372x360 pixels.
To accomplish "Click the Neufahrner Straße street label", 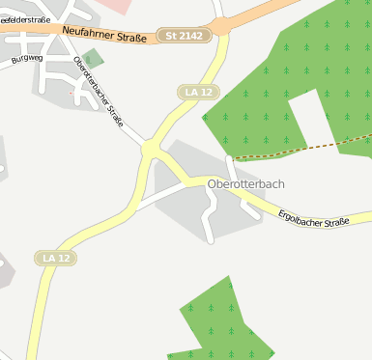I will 102,36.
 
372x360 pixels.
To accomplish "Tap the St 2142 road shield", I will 183,36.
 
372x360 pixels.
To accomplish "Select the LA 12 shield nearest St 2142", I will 199,92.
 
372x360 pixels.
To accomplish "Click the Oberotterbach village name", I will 246,183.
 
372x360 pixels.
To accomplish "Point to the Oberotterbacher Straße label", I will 99,92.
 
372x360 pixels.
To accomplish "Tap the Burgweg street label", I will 28,59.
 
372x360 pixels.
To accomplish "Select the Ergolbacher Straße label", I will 313,221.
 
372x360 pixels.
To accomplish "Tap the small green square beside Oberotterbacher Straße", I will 93,59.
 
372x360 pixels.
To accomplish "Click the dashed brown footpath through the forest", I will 300,149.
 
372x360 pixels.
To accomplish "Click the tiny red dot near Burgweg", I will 71,93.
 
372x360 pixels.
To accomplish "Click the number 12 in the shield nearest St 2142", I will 205,92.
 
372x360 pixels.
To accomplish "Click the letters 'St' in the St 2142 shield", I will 171,36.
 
